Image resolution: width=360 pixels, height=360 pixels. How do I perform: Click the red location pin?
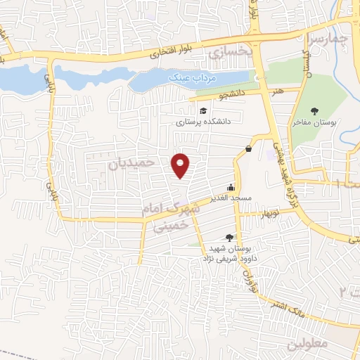click(x=181, y=165)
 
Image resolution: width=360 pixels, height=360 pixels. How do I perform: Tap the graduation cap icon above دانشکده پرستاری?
click(x=203, y=111)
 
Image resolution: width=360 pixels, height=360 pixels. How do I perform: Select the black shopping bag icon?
click(x=250, y=148)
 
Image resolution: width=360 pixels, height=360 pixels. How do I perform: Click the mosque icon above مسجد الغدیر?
click(x=230, y=188)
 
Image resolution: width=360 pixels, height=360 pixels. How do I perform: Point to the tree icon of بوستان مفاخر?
click(x=314, y=110)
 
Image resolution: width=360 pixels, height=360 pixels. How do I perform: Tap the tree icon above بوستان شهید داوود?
click(x=228, y=238)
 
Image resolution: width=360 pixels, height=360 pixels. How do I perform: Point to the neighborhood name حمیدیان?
click(x=130, y=163)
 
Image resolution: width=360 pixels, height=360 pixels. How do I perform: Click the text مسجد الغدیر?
click(x=228, y=198)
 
